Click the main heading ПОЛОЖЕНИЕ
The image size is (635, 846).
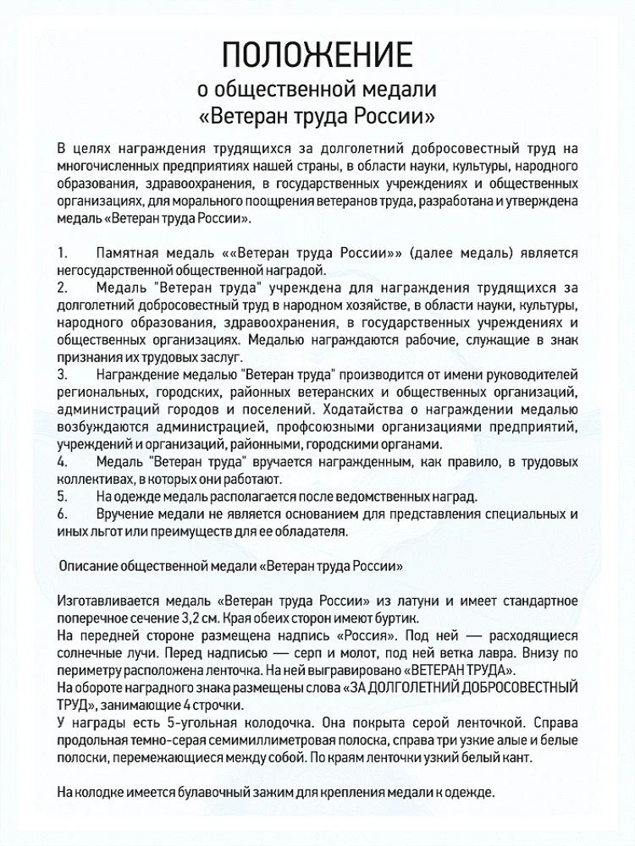pos(317,55)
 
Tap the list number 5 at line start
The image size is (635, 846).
pos(62,495)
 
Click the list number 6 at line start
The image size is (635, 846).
pos(62,514)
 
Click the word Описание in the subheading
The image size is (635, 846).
pos(91,563)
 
